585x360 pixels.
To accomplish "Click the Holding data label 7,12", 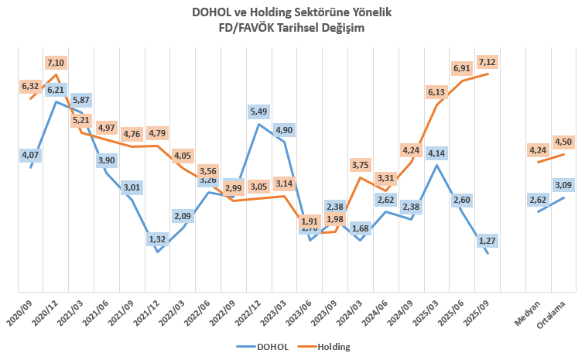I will [487, 61].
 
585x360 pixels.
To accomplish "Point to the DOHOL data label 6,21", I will [56, 90].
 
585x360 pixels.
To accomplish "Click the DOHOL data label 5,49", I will [259, 112].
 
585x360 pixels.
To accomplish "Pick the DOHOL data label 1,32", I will [158, 239].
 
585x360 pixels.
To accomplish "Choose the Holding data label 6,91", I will [463, 67].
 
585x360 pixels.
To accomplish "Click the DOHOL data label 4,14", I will [437, 152].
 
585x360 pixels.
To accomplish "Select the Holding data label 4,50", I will [563, 141].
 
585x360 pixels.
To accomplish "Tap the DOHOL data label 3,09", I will [563, 185].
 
